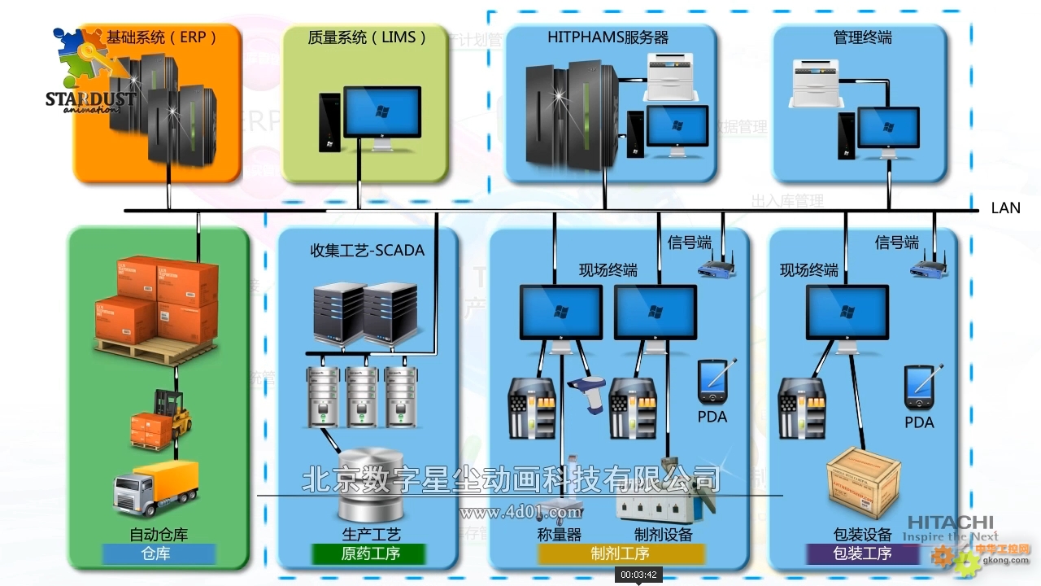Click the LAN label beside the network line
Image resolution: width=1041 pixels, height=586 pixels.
tap(1005, 208)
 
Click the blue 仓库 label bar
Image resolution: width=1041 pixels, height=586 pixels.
tap(159, 554)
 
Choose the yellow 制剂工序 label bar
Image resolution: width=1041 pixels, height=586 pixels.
tap(620, 554)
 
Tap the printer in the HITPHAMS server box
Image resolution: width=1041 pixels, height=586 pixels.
tap(673, 75)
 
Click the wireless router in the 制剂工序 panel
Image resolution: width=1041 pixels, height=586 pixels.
tap(717, 265)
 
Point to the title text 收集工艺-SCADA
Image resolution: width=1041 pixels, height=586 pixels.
tap(368, 250)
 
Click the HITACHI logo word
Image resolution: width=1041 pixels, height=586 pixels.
tap(950, 523)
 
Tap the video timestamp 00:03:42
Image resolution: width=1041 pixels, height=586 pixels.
tap(638, 575)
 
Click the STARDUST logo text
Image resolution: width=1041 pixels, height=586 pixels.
tap(89, 99)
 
